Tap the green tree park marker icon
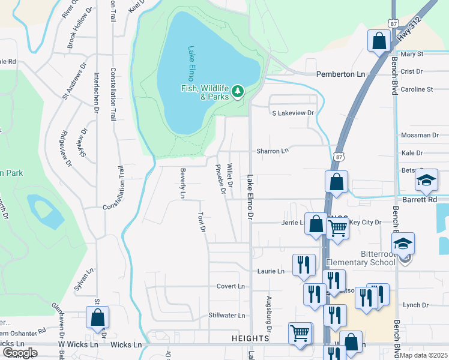[238, 91]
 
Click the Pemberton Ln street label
[340, 74]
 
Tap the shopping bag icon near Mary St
[379, 42]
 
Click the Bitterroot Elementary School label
[360, 258]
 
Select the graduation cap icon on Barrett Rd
[426, 181]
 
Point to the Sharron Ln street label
[273, 151]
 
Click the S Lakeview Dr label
[293, 113]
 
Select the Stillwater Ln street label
[226, 315]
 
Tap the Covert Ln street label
[231, 286]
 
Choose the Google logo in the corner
[20, 352]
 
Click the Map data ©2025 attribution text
[423, 355]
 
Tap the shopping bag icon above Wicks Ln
[97, 318]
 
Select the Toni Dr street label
[203, 221]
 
